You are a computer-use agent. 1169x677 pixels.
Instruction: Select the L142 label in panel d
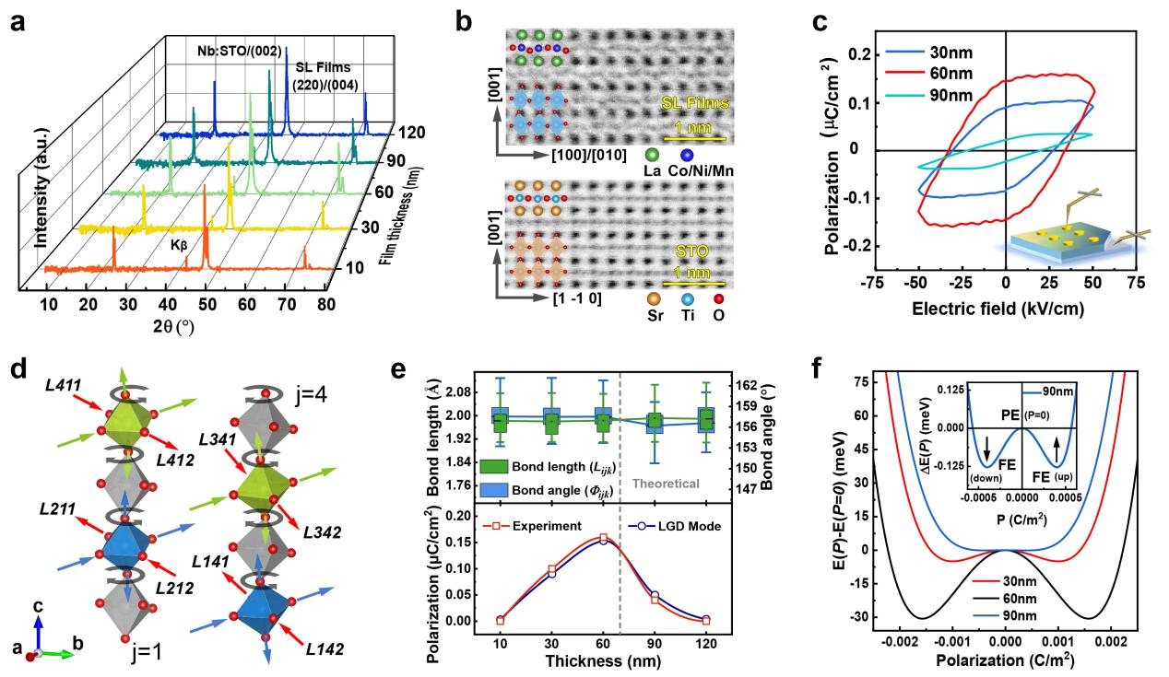(x=325, y=649)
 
